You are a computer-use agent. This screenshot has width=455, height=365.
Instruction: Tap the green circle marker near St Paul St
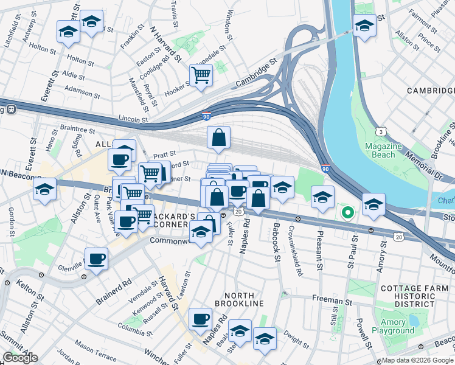point(347,212)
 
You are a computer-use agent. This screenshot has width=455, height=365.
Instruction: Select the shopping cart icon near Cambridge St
point(201,75)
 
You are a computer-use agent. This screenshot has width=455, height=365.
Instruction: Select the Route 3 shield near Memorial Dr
point(380,131)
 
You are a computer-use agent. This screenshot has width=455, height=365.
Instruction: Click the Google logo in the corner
point(20,358)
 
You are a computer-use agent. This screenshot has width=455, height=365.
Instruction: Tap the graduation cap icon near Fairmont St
point(364,26)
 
